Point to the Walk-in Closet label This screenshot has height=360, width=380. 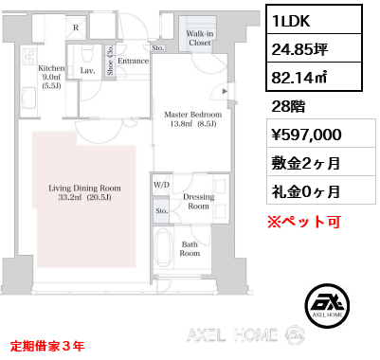(200, 38)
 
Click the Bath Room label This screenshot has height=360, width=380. (190, 248)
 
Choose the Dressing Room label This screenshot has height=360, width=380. (199, 202)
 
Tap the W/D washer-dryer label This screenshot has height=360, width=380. (161, 185)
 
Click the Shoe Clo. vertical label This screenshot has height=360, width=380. (110, 60)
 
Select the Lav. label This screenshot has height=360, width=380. (87, 71)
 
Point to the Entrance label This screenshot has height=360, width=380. (133, 61)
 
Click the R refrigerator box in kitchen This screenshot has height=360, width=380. (76, 28)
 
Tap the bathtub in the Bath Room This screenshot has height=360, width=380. (164, 246)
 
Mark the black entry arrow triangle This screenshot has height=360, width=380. (225, 92)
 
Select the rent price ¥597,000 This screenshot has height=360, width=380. (306, 135)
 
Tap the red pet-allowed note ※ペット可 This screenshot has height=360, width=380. (304, 222)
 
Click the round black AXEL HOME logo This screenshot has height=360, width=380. (327, 305)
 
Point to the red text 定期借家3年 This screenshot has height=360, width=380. (47, 346)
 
